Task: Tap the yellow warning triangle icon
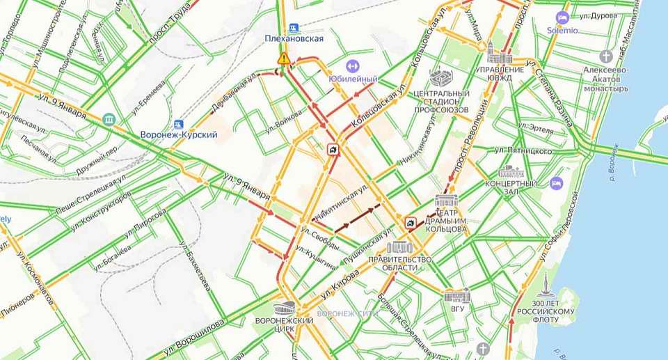pyautogui.click(x=283, y=59)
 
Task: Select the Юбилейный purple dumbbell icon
pyautogui.click(x=351, y=66)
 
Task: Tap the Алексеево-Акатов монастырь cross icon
pyautogui.click(x=606, y=56)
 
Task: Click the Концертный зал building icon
pyautogui.click(x=511, y=171)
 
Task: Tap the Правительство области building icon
pyautogui.click(x=399, y=247)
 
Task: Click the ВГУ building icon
pyautogui.click(x=457, y=295)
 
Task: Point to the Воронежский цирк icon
pyautogui.click(x=286, y=308)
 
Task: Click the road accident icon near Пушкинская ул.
pyautogui.click(x=411, y=223)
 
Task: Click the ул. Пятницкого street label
pyautogui.click(x=523, y=150)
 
